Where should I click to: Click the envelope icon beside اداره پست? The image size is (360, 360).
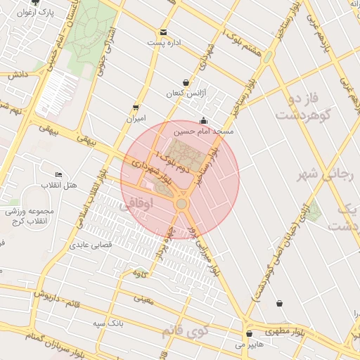163,32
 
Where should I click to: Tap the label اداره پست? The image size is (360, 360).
164,43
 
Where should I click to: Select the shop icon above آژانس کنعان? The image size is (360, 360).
186,83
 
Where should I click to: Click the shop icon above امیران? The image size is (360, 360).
135,108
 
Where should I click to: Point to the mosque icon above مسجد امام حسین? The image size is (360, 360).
204,120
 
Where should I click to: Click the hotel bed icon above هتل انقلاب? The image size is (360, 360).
58,174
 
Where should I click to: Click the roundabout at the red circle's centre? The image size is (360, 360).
181,204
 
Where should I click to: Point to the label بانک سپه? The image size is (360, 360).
108,323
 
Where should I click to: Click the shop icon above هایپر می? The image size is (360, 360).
250,334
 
